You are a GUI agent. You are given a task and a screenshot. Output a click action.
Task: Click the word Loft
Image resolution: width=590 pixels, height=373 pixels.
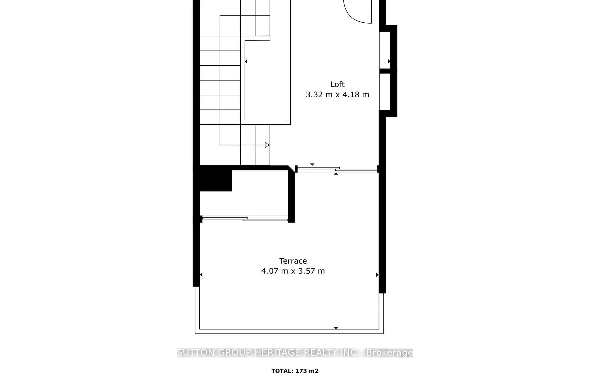(337, 84)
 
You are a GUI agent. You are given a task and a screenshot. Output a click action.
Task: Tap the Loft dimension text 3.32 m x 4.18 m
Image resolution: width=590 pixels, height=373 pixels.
(337, 94)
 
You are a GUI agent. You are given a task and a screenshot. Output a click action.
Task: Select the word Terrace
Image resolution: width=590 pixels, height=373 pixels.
(293, 261)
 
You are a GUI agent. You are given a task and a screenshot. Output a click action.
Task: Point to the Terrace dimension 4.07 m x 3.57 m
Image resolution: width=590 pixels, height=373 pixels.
(293, 271)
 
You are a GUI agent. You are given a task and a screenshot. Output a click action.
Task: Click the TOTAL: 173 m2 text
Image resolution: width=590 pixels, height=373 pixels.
(295, 371)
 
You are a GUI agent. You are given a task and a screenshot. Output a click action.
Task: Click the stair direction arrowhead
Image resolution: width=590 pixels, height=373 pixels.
(267, 145)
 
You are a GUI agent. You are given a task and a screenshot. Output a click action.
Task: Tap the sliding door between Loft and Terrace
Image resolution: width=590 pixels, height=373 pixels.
(337, 169)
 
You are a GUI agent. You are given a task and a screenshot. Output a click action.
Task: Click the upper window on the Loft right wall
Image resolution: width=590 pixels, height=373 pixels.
(385, 50)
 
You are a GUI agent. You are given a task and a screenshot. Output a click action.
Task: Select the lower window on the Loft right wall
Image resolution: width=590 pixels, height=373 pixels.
(385, 92)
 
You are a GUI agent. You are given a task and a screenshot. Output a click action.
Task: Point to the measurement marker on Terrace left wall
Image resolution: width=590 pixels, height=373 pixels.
(201, 275)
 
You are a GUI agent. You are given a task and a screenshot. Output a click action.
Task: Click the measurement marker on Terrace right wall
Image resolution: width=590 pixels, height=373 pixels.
(377, 275)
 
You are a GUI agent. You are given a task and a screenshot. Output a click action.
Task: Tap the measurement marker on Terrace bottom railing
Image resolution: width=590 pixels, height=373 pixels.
(336, 328)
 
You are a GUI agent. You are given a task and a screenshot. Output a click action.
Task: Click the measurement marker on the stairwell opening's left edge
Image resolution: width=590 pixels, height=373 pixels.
(246, 61)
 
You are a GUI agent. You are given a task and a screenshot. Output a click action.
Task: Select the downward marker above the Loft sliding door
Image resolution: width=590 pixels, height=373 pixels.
(312, 164)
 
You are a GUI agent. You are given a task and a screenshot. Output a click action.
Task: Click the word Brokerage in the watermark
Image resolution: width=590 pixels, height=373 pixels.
(389, 352)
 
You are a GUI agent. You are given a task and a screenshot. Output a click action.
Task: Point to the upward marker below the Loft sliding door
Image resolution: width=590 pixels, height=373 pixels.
(336, 174)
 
